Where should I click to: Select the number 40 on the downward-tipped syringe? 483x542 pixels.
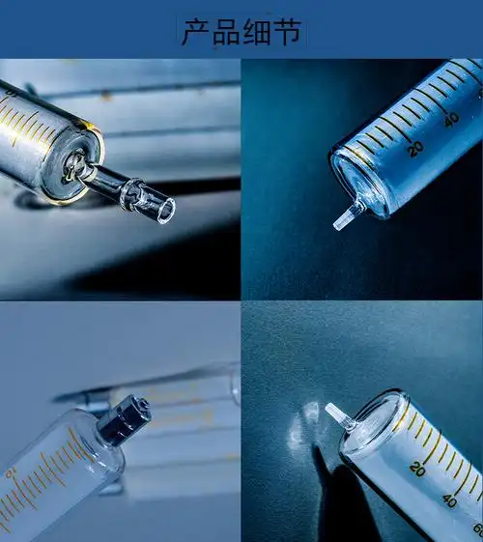[x=451, y=119]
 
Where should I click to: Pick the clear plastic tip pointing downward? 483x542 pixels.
[x=346, y=216]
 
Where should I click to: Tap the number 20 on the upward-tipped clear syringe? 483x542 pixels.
[x=417, y=469]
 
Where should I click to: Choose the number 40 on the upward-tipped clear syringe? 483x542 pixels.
[x=450, y=499]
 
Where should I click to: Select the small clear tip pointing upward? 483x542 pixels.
[x=338, y=414]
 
